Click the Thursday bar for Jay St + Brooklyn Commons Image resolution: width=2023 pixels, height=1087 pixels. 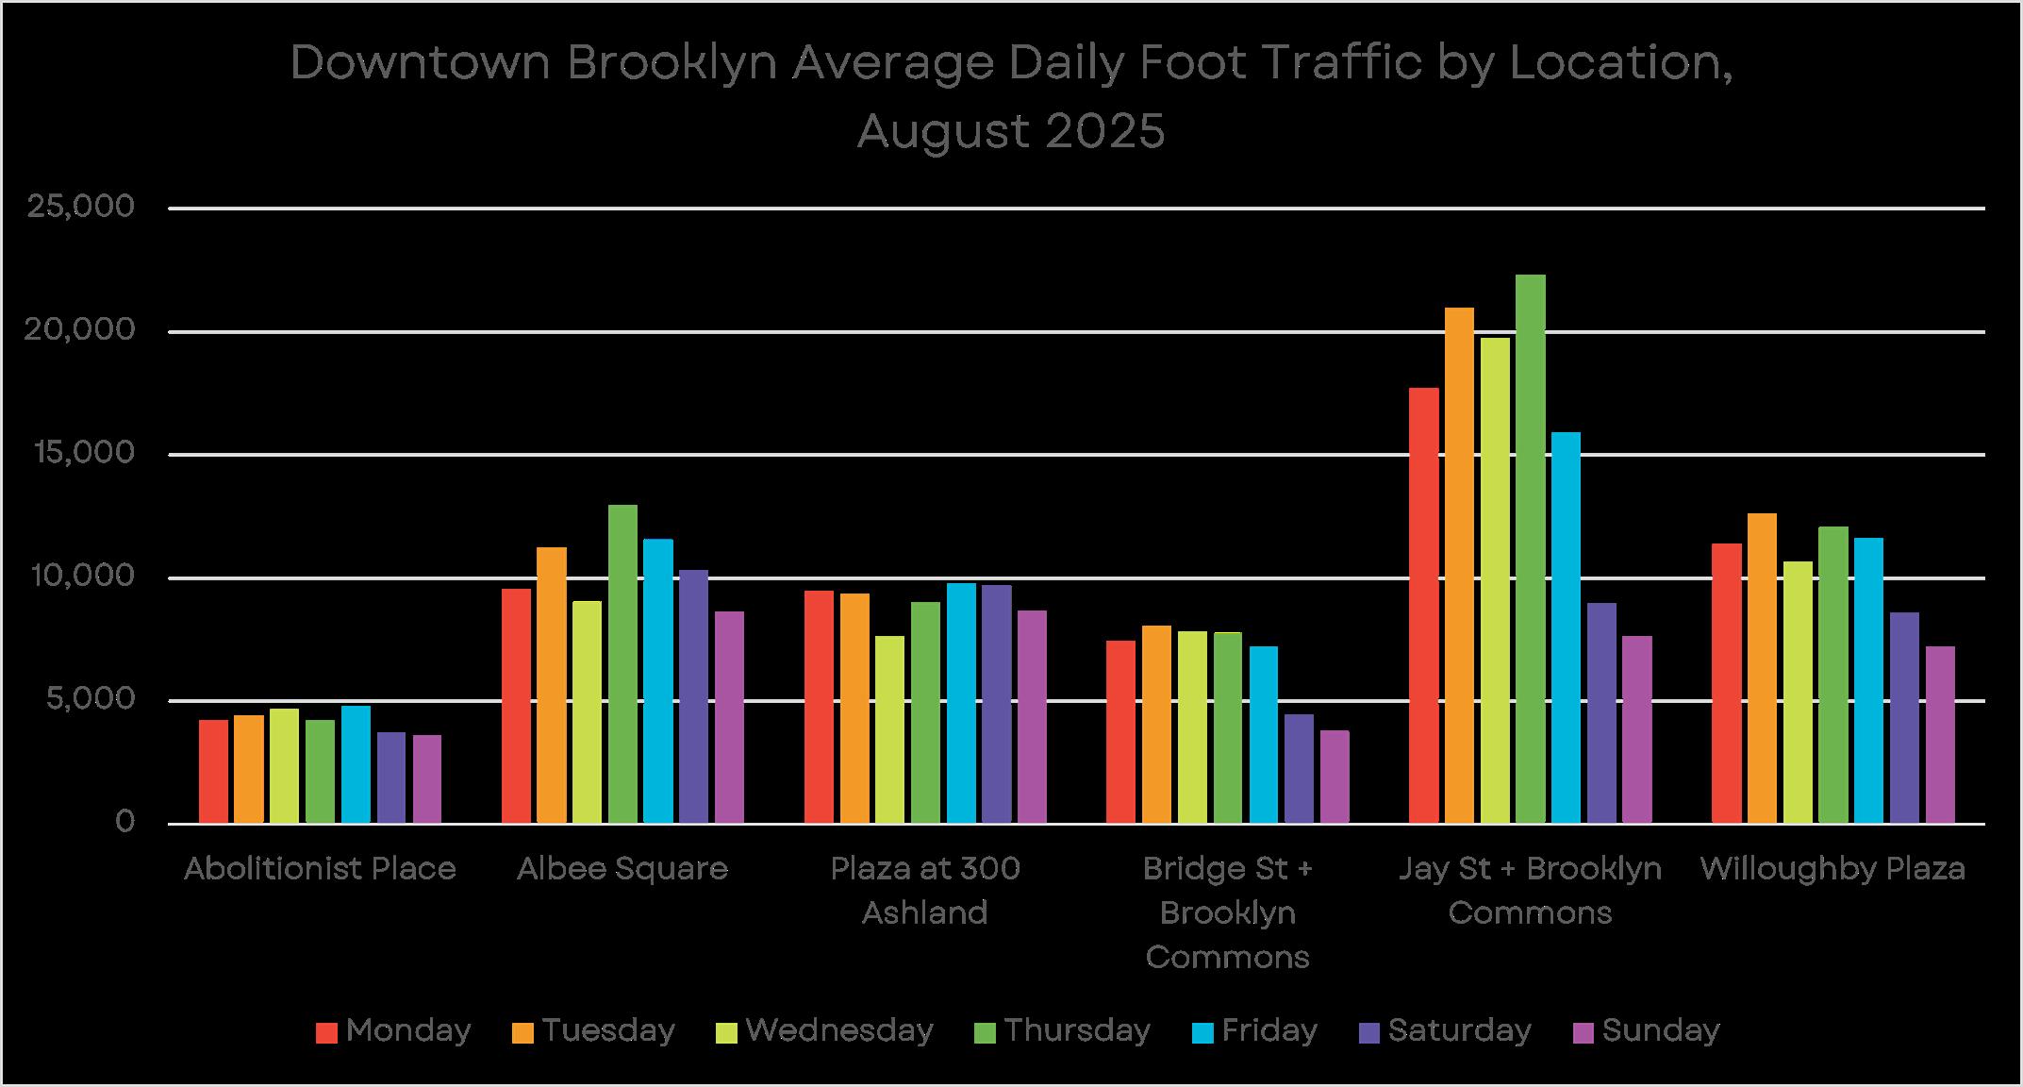click(1531, 549)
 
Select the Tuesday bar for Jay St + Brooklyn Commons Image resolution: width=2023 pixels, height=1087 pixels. click(1459, 565)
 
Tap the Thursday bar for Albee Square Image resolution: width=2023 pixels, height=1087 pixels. click(622, 664)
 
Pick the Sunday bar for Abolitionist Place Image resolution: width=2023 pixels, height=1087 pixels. click(427, 779)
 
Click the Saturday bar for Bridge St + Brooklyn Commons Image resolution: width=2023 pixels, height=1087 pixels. click(1299, 769)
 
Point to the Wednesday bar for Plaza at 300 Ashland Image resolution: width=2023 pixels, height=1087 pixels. click(889, 729)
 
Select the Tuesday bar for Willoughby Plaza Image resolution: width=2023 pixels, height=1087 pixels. click(1762, 668)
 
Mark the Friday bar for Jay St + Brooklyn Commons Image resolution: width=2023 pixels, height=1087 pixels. click(1566, 627)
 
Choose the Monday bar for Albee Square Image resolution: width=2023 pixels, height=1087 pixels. click(516, 706)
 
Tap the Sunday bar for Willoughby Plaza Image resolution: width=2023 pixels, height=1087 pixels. click(1940, 735)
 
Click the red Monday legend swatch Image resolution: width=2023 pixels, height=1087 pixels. click(326, 1032)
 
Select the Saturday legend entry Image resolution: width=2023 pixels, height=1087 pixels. click(1445, 1030)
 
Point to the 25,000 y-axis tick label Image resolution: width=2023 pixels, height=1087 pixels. click(81, 208)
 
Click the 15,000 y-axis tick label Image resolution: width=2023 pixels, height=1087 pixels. click(81, 454)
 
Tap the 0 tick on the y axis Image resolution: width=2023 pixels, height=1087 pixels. click(125, 823)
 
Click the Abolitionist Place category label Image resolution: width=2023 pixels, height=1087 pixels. click(320, 868)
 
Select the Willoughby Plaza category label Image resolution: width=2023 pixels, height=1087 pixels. click(1832, 869)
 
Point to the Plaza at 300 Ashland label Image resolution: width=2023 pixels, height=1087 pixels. click(925, 891)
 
